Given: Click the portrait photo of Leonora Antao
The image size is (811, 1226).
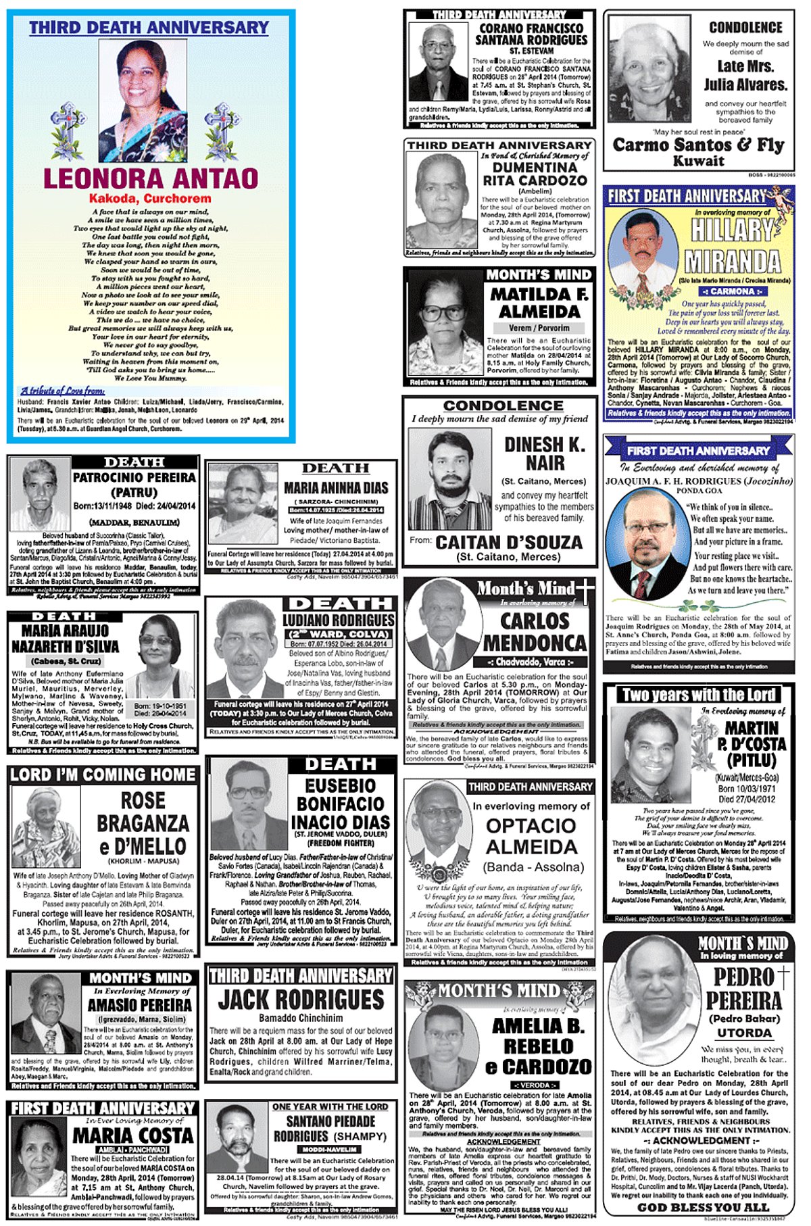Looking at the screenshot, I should click(x=143, y=99).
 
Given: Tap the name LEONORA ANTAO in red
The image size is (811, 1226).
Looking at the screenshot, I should click(x=151, y=178).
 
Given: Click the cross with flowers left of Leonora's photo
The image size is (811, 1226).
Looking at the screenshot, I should click(x=68, y=130).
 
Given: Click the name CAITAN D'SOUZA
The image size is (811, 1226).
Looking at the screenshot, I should click(x=509, y=542).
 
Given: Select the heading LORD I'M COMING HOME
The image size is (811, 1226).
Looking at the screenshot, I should click(x=103, y=775).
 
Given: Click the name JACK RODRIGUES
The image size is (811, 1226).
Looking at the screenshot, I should click(x=301, y=999).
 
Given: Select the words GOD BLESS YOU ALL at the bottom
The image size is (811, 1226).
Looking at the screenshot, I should click(x=704, y=1207).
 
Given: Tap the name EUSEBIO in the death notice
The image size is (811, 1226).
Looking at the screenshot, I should click(x=340, y=786).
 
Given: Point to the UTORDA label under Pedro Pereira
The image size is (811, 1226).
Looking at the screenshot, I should click(x=744, y=1033).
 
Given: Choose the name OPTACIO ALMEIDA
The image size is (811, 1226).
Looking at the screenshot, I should click(x=531, y=836).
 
